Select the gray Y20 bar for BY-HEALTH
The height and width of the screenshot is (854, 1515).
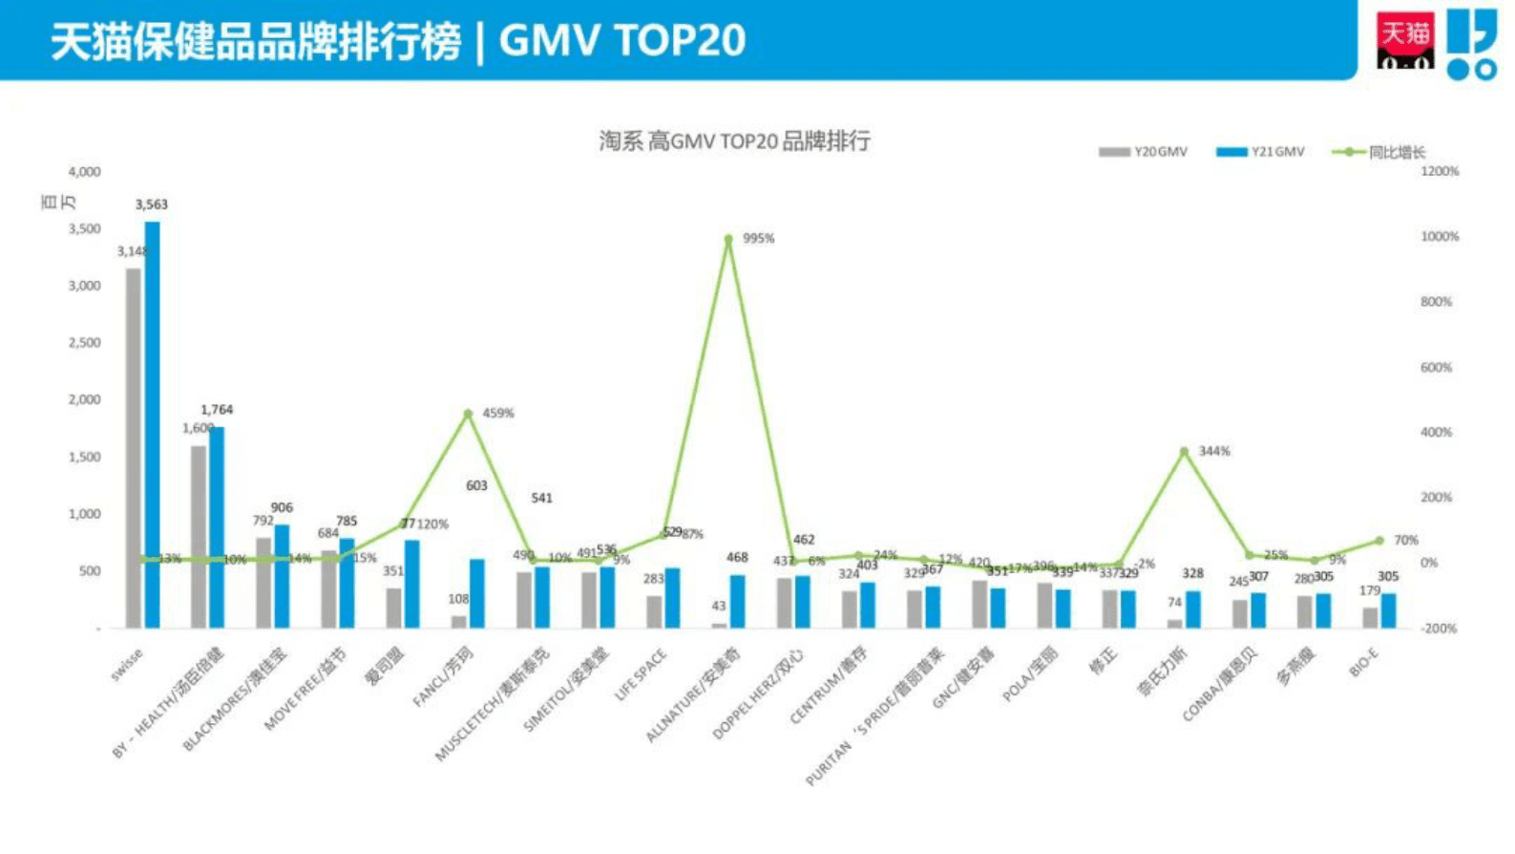(x=199, y=536)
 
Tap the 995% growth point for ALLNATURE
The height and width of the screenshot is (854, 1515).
(x=728, y=240)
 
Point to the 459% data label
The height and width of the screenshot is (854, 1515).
(x=498, y=414)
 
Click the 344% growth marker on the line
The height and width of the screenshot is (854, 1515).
(x=1184, y=452)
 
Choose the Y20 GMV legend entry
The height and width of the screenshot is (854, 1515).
(x=1144, y=152)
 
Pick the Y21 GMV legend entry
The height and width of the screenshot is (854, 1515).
(x=1260, y=152)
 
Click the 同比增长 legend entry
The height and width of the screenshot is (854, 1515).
(x=1379, y=152)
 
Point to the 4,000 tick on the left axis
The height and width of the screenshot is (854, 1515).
(x=84, y=172)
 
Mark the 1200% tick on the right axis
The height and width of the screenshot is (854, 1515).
(x=1440, y=172)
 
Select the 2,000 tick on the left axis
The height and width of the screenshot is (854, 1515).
(x=84, y=400)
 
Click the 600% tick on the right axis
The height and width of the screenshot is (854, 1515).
(x=1436, y=368)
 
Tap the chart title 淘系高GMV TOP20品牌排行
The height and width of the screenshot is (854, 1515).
(x=734, y=141)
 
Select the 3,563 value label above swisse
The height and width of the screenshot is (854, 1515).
(x=152, y=204)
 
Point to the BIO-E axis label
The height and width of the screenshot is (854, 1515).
(x=1364, y=662)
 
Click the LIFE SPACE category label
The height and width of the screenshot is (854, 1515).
(x=641, y=675)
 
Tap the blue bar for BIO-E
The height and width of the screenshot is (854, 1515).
(x=1388, y=610)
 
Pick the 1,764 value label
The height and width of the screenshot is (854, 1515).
(x=217, y=410)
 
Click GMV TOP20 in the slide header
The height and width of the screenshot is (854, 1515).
(x=621, y=41)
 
